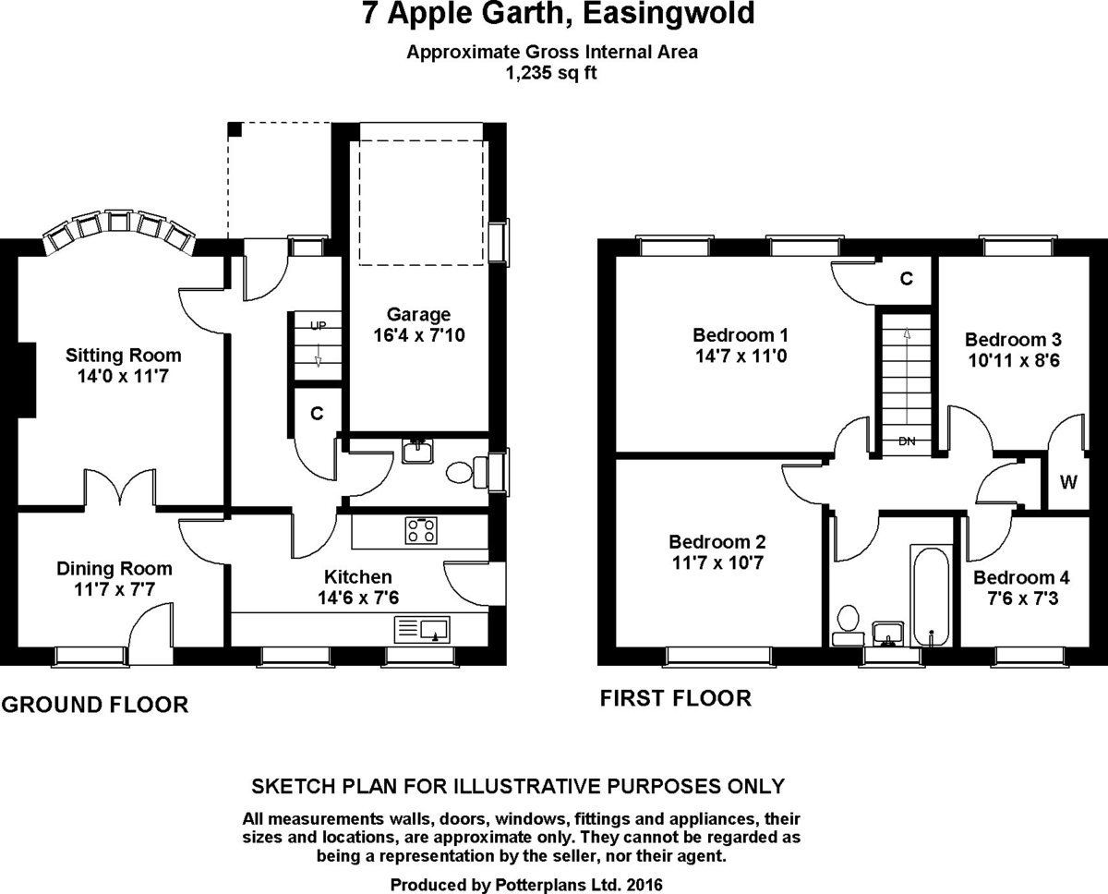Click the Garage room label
pyautogui.click(x=418, y=315)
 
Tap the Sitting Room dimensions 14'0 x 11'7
pyautogui.click(x=124, y=376)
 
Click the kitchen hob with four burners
pyautogui.click(x=422, y=529)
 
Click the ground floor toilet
pyautogui.click(x=458, y=473)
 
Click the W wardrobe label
pyautogui.click(x=1068, y=481)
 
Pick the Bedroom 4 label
pyautogui.click(x=1021, y=577)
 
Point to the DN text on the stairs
pyautogui.click(x=907, y=441)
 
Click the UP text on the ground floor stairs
pyautogui.click(x=318, y=326)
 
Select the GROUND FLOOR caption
pyautogui.click(x=95, y=706)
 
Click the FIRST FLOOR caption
pyautogui.click(x=676, y=698)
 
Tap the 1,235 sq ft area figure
pyautogui.click(x=551, y=73)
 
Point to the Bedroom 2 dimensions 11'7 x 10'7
pyautogui.click(x=717, y=562)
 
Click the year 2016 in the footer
pyautogui.click(x=643, y=884)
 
